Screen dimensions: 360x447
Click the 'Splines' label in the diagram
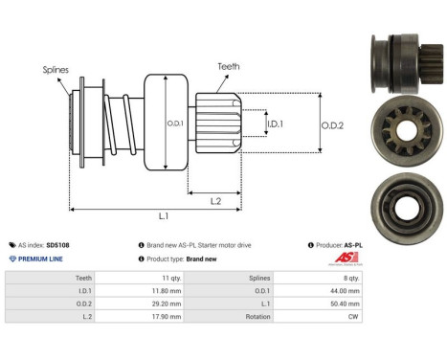(x=55, y=70)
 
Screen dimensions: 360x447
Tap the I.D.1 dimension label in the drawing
(x=275, y=124)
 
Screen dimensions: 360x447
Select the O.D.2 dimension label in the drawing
(x=331, y=124)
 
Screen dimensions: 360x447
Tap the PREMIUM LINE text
(x=40, y=259)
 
